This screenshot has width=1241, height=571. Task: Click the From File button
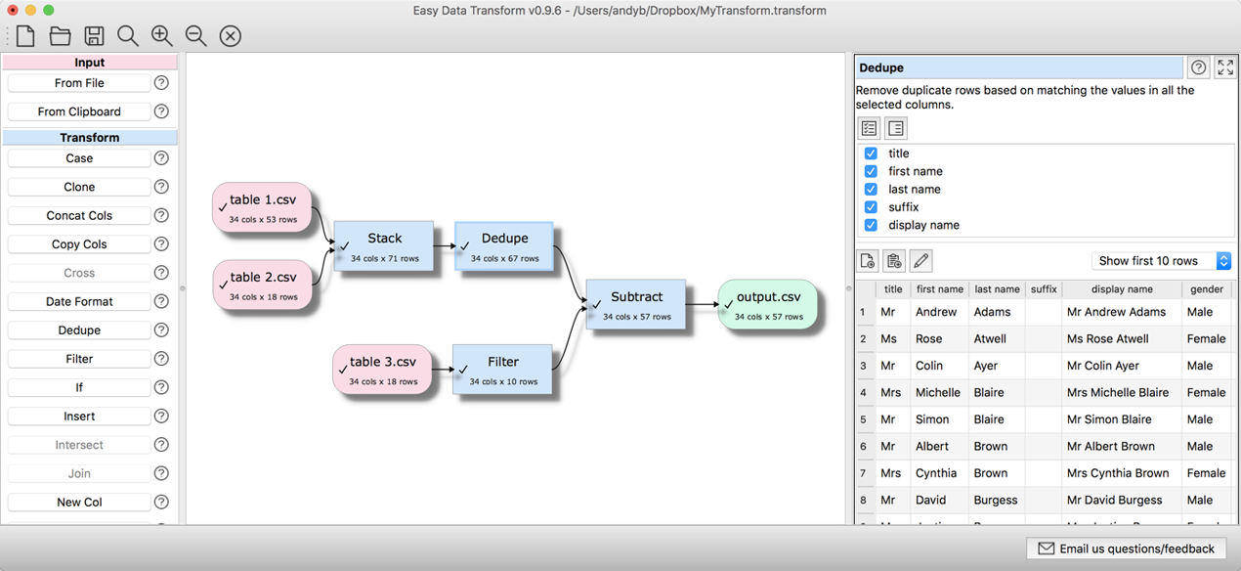(x=79, y=83)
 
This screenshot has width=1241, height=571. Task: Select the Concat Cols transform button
(x=79, y=215)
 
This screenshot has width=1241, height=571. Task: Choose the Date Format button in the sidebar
(x=79, y=301)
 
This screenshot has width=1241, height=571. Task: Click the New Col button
(x=79, y=502)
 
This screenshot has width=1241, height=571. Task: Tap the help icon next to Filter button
(x=162, y=359)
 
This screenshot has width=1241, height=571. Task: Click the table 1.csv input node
(x=262, y=207)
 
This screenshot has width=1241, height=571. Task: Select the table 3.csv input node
(x=382, y=369)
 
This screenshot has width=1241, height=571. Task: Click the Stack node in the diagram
(x=384, y=245)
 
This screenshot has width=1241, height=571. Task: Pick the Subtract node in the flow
(x=636, y=304)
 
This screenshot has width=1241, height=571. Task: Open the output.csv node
(x=767, y=304)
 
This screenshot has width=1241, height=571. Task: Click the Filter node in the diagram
(x=502, y=369)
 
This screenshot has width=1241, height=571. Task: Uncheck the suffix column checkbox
(x=871, y=207)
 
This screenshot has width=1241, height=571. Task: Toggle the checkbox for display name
(x=871, y=225)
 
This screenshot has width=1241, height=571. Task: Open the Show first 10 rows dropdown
(x=1161, y=261)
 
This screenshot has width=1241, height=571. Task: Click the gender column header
(x=1207, y=289)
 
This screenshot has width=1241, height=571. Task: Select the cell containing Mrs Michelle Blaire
(x=1118, y=392)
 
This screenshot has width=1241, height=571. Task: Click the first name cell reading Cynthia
(x=936, y=473)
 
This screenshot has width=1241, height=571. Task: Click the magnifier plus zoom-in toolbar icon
(x=162, y=36)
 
